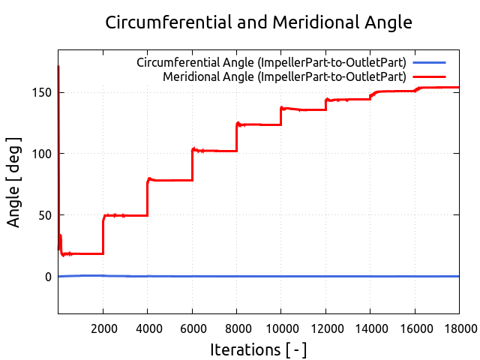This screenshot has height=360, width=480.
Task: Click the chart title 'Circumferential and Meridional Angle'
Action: point(259,22)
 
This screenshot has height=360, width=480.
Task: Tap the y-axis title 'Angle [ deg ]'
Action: point(14,181)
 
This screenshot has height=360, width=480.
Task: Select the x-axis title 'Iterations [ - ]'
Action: point(259,349)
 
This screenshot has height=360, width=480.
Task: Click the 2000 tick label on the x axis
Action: point(103,328)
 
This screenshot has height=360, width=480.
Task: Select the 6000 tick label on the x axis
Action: point(192,328)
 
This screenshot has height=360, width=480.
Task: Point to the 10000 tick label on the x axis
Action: point(280,328)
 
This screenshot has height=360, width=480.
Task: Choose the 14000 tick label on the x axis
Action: point(370,328)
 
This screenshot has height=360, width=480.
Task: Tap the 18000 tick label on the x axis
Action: point(458,328)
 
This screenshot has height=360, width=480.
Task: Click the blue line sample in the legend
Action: point(429,62)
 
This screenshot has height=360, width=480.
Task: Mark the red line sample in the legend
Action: point(429,76)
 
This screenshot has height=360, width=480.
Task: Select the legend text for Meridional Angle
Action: point(284,76)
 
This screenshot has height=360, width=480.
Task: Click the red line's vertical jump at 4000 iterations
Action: point(148,199)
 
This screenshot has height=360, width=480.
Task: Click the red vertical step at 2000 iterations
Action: point(103,235)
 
